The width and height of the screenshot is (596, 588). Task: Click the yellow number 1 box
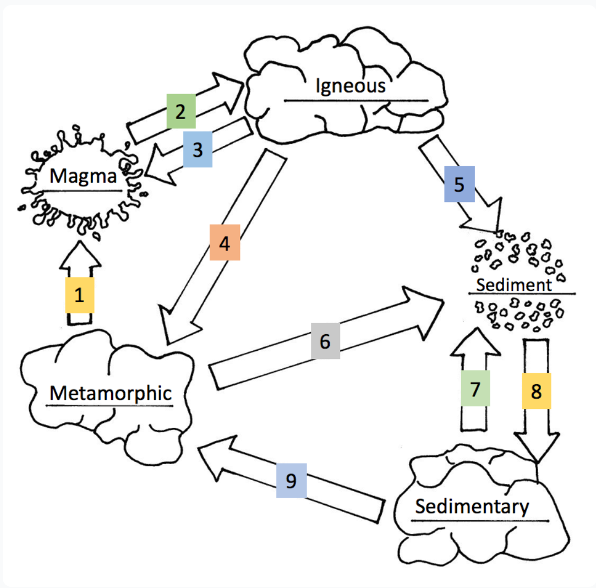tap(80, 296)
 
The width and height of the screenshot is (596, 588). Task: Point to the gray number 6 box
tap(325, 341)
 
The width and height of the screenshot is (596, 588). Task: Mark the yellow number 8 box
tap(537, 392)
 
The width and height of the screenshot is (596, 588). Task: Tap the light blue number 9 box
tap(291, 481)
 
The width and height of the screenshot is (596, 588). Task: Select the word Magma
tap(83, 177)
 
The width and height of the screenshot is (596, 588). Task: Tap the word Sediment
tap(513, 285)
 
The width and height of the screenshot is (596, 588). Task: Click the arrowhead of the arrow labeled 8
tap(537, 449)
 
